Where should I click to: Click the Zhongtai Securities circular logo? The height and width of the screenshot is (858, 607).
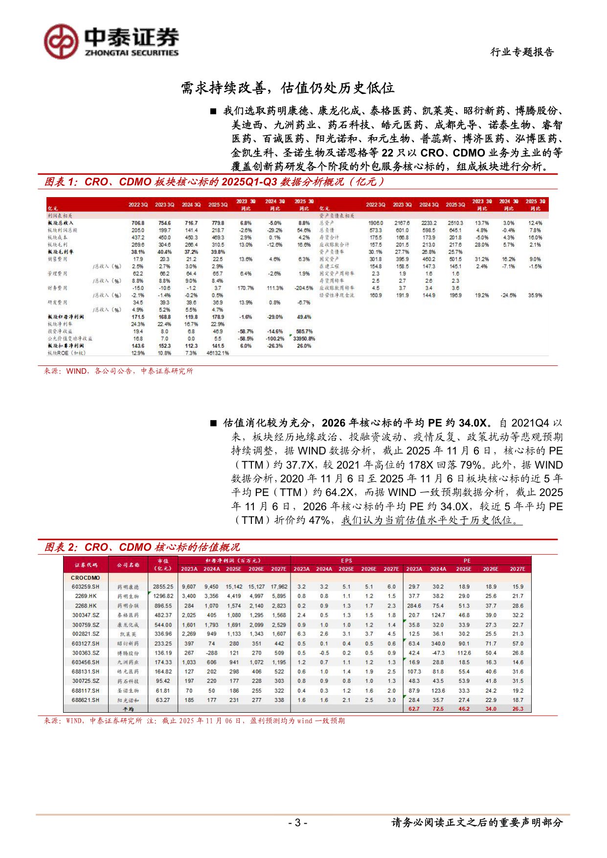(x=61, y=42)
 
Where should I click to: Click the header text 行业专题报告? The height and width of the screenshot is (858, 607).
(x=522, y=52)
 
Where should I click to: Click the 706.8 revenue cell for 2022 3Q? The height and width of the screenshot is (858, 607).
(x=138, y=223)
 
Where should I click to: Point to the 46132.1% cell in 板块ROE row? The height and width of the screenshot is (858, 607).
(x=218, y=353)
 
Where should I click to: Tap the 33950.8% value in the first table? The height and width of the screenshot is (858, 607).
(x=304, y=339)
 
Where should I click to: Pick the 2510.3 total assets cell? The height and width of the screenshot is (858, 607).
(x=455, y=223)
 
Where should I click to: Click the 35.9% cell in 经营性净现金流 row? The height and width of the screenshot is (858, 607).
(x=535, y=295)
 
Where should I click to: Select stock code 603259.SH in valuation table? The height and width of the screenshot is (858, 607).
(x=85, y=587)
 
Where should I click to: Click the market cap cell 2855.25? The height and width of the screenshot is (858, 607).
(x=163, y=587)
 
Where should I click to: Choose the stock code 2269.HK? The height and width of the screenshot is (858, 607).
(x=86, y=596)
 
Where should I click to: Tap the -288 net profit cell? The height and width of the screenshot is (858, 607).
(x=211, y=653)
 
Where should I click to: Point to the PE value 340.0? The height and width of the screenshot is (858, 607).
(x=438, y=644)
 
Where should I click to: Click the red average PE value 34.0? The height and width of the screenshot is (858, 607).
(x=491, y=709)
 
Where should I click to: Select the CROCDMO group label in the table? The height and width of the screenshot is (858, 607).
(x=85, y=578)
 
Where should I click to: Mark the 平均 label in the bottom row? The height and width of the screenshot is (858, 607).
(x=128, y=709)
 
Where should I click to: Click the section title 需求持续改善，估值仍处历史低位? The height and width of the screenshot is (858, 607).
(x=288, y=88)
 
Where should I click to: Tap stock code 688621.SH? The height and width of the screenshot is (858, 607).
(x=85, y=700)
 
